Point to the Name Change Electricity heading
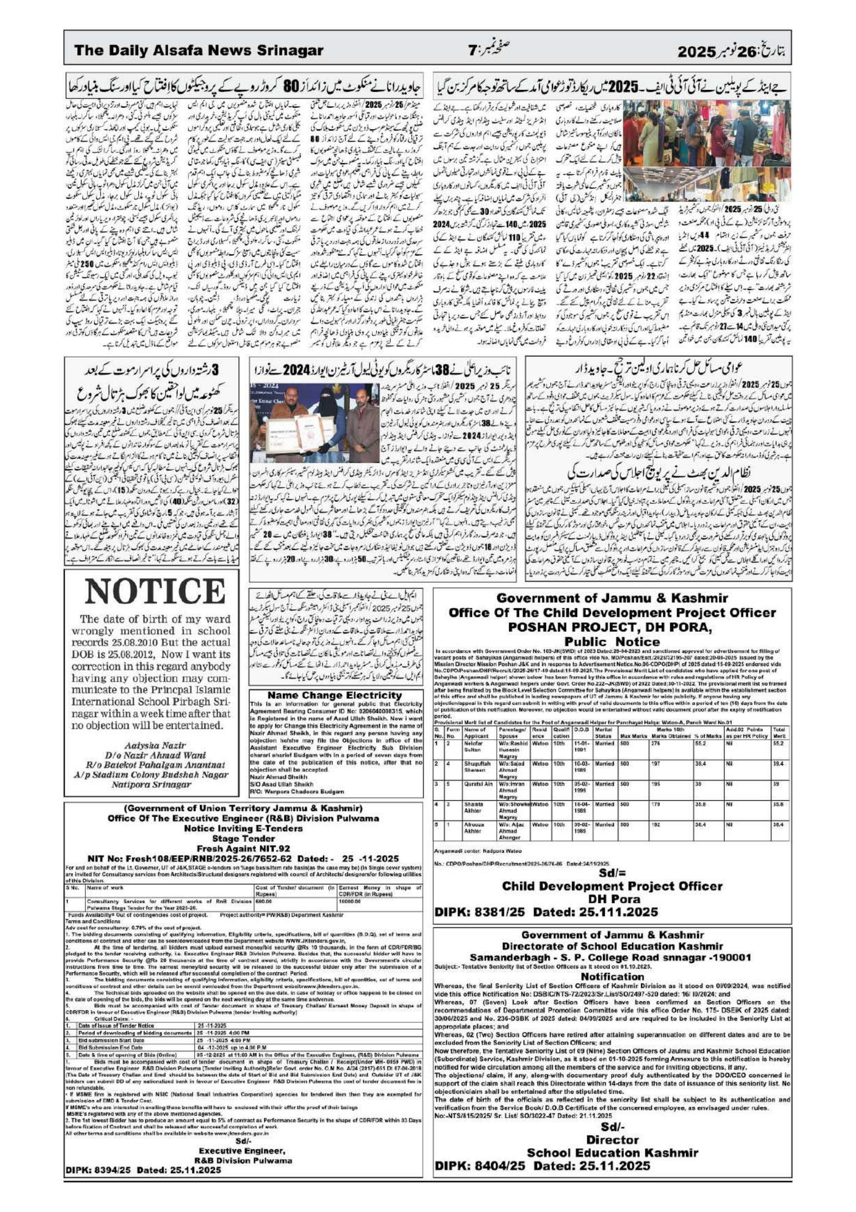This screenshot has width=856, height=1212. tap(334, 695)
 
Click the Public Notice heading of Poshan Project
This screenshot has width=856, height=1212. tap(612, 642)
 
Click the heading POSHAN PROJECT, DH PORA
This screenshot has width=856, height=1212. tap(612, 627)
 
